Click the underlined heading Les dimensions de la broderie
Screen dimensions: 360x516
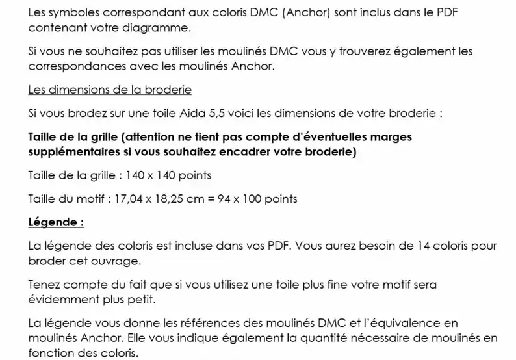[x=110, y=89]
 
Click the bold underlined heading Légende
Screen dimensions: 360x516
[x=56, y=222]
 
